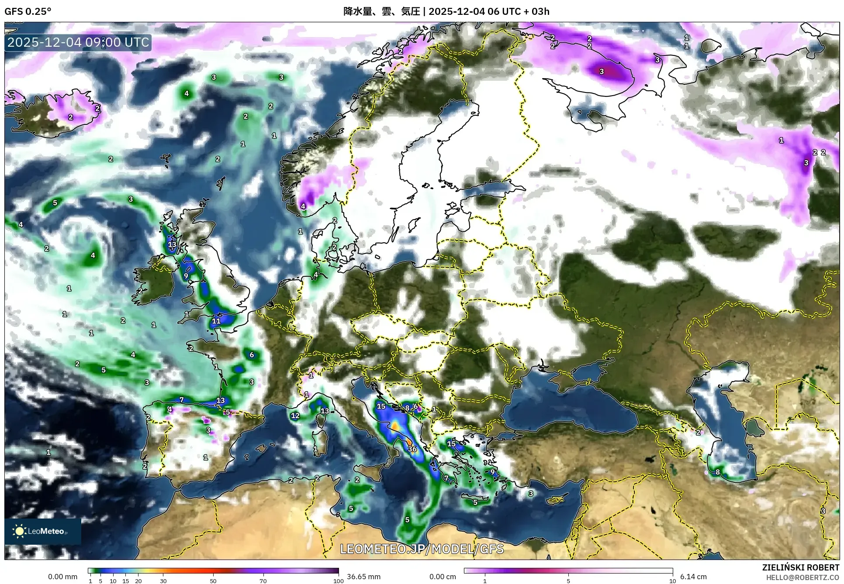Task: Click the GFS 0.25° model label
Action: click(x=28, y=11)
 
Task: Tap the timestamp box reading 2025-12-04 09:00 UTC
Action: click(x=79, y=42)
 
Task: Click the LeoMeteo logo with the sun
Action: click(x=42, y=531)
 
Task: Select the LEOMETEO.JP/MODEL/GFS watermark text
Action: click(x=422, y=549)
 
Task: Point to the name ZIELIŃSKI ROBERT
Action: click(x=800, y=567)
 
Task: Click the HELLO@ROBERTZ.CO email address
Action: click(x=802, y=577)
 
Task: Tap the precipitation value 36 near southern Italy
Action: click(x=412, y=449)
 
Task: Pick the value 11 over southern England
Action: click(x=216, y=321)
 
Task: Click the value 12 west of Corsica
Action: click(x=295, y=416)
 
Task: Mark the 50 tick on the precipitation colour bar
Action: click(x=213, y=581)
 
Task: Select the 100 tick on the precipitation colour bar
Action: click(x=338, y=581)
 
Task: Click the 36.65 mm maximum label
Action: click(x=363, y=577)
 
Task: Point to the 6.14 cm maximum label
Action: click(x=693, y=577)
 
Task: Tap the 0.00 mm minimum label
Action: click(x=62, y=577)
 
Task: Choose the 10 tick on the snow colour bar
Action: click(x=672, y=581)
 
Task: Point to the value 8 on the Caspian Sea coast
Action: click(x=717, y=472)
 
